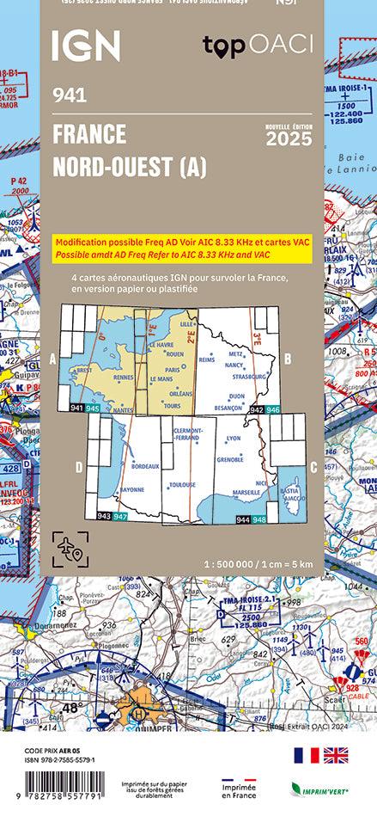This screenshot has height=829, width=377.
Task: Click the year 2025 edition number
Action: click(289, 139)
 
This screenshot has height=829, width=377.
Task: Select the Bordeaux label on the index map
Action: click(145, 465)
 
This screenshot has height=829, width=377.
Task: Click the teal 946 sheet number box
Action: click(272, 411)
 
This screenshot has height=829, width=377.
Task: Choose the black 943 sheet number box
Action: click(104, 515)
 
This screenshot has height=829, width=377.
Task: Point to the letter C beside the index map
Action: click(313, 467)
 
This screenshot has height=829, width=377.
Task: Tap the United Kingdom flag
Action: click(335, 755)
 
